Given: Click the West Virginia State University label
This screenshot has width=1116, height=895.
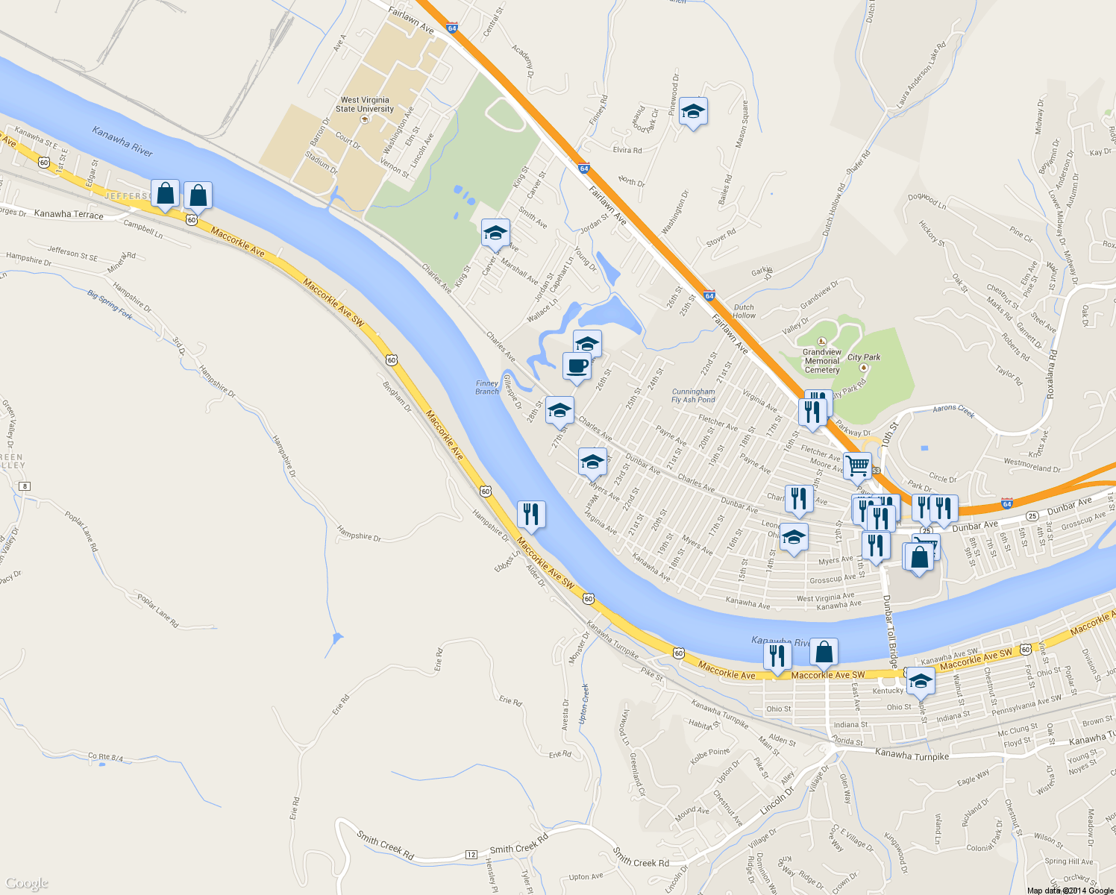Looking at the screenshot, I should tap(364, 104).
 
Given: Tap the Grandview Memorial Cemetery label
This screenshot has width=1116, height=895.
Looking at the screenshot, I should tap(822, 361).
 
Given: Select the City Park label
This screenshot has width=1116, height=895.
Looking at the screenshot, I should tap(864, 357).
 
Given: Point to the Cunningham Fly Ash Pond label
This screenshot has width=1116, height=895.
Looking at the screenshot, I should tap(693, 395).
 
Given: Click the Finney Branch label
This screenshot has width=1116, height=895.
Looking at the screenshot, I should tap(487, 387).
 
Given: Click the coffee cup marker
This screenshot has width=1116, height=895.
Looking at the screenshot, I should tap(577, 366).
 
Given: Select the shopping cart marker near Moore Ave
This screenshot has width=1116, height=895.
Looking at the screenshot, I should tap(858, 466).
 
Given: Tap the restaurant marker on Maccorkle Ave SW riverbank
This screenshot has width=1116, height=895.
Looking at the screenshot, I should tap(531, 514).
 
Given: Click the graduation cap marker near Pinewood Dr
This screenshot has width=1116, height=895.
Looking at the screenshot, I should tap(694, 111).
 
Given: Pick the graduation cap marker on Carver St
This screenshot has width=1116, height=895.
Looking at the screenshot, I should tap(495, 233).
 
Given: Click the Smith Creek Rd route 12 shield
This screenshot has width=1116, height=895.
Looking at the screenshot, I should tap(471, 854).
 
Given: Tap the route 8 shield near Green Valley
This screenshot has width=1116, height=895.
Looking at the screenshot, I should tap(25, 486).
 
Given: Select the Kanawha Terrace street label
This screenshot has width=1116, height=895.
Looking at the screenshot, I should tap(69, 214).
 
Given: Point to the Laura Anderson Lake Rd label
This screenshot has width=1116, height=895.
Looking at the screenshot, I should tap(921, 73).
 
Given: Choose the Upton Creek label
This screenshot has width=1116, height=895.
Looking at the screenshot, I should tap(584, 703).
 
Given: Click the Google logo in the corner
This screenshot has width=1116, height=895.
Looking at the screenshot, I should tap(27, 883).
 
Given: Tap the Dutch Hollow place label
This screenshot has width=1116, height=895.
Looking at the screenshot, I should tap(744, 311).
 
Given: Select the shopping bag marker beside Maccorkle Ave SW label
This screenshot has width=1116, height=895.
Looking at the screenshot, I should tap(824, 653).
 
